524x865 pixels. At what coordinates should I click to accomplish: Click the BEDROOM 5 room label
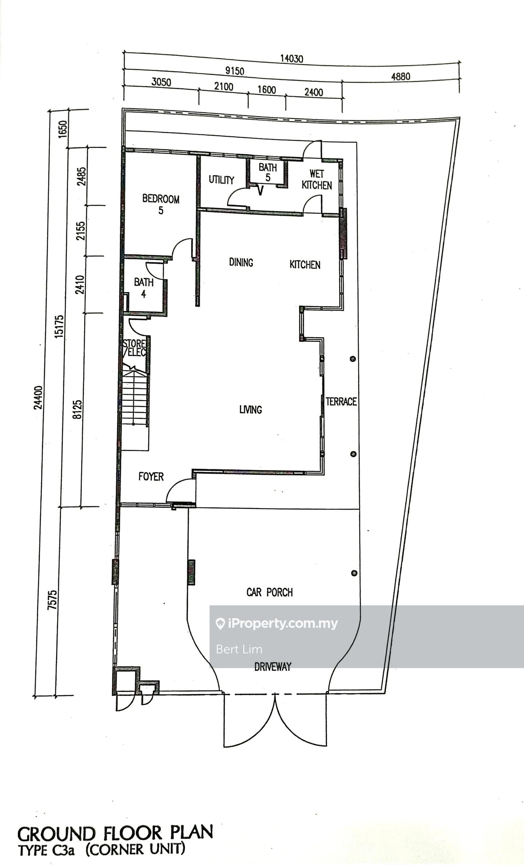(x=161, y=205)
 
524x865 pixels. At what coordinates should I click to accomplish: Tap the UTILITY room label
(x=221, y=180)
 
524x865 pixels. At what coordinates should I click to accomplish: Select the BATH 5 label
(x=268, y=173)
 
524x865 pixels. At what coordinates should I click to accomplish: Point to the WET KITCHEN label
(x=317, y=179)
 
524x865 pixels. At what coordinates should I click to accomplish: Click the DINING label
(x=241, y=262)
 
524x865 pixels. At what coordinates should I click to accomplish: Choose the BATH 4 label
(x=144, y=288)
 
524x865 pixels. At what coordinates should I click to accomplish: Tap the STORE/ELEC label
(x=134, y=348)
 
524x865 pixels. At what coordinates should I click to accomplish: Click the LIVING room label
(x=251, y=410)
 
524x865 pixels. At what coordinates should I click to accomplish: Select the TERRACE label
(x=341, y=402)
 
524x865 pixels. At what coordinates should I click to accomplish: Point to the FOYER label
(x=151, y=477)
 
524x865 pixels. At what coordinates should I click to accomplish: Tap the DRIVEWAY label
(x=273, y=667)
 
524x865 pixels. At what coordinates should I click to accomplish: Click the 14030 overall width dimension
(x=291, y=58)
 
